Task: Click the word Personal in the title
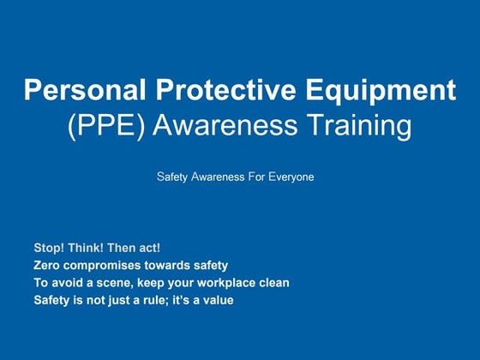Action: (76, 90)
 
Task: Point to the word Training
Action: (359, 126)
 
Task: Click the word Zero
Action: (46, 266)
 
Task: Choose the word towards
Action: (168, 266)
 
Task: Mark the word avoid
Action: (63, 283)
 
